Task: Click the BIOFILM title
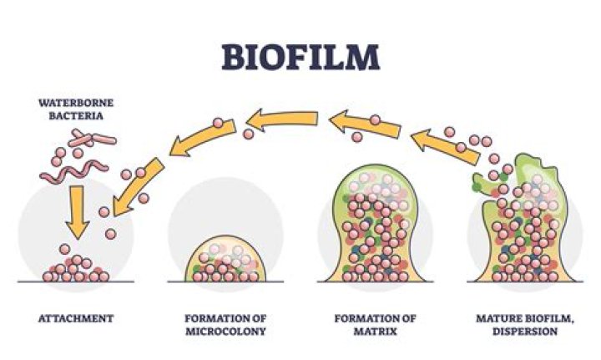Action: tap(300, 56)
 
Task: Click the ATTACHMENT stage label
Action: tap(75, 318)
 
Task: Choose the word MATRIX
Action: tap(366, 331)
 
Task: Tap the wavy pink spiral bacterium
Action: tap(71, 171)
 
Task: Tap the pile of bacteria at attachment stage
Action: tap(76, 268)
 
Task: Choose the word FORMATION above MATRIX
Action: tap(366, 318)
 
